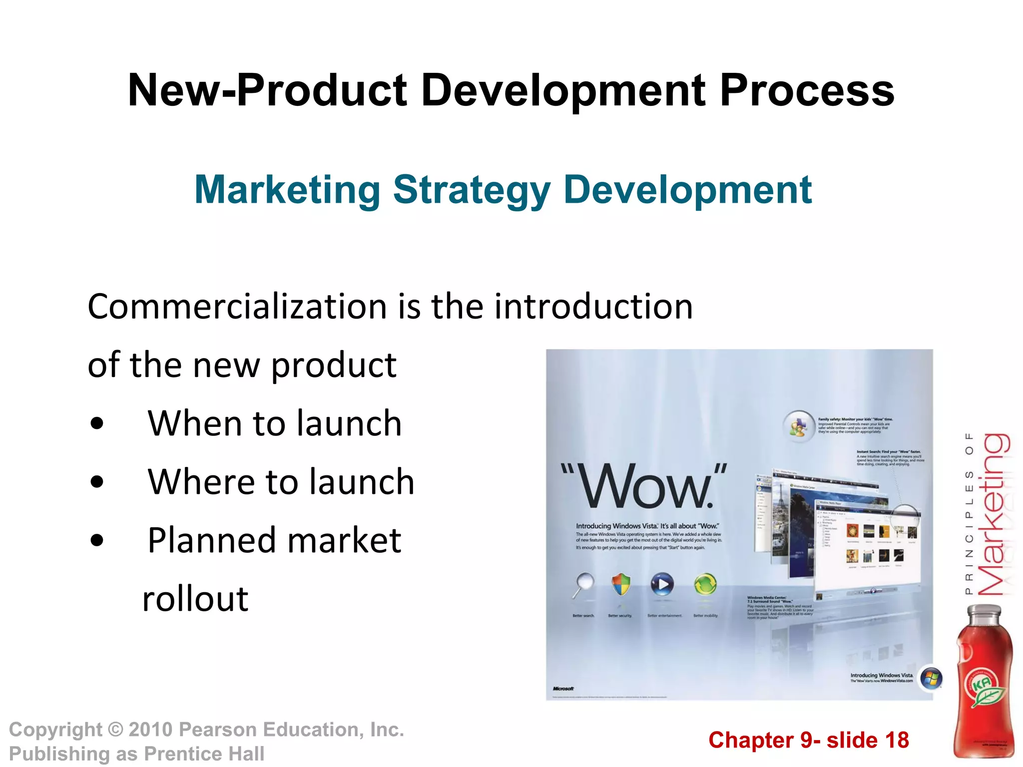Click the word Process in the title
click(x=806, y=91)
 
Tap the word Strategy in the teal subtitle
click(x=472, y=191)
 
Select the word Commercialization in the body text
click(x=237, y=307)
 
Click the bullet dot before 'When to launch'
click(x=97, y=424)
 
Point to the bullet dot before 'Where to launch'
click(x=97, y=482)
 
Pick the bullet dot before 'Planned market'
click(x=97, y=541)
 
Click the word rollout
click(x=195, y=599)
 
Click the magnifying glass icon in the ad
click(x=583, y=584)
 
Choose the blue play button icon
click(x=662, y=584)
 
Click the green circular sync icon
click(x=705, y=584)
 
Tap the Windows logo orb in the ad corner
click(x=931, y=679)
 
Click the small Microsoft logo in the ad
click(x=563, y=689)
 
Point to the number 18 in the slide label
click(x=897, y=740)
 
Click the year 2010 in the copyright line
click(x=150, y=730)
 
